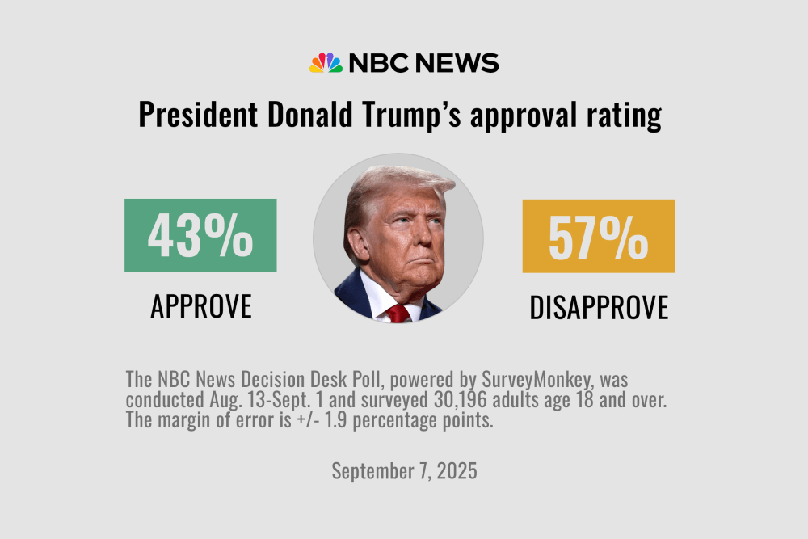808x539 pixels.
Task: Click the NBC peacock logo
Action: pos(326,63)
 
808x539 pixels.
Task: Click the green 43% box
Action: pos(200,235)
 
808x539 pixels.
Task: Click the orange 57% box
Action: pos(598,236)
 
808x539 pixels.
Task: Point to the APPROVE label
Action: pos(201,306)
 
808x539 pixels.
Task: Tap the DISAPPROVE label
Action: pos(599,307)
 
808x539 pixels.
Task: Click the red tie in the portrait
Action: pos(398,314)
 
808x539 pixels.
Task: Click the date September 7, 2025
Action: pos(404,471)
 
